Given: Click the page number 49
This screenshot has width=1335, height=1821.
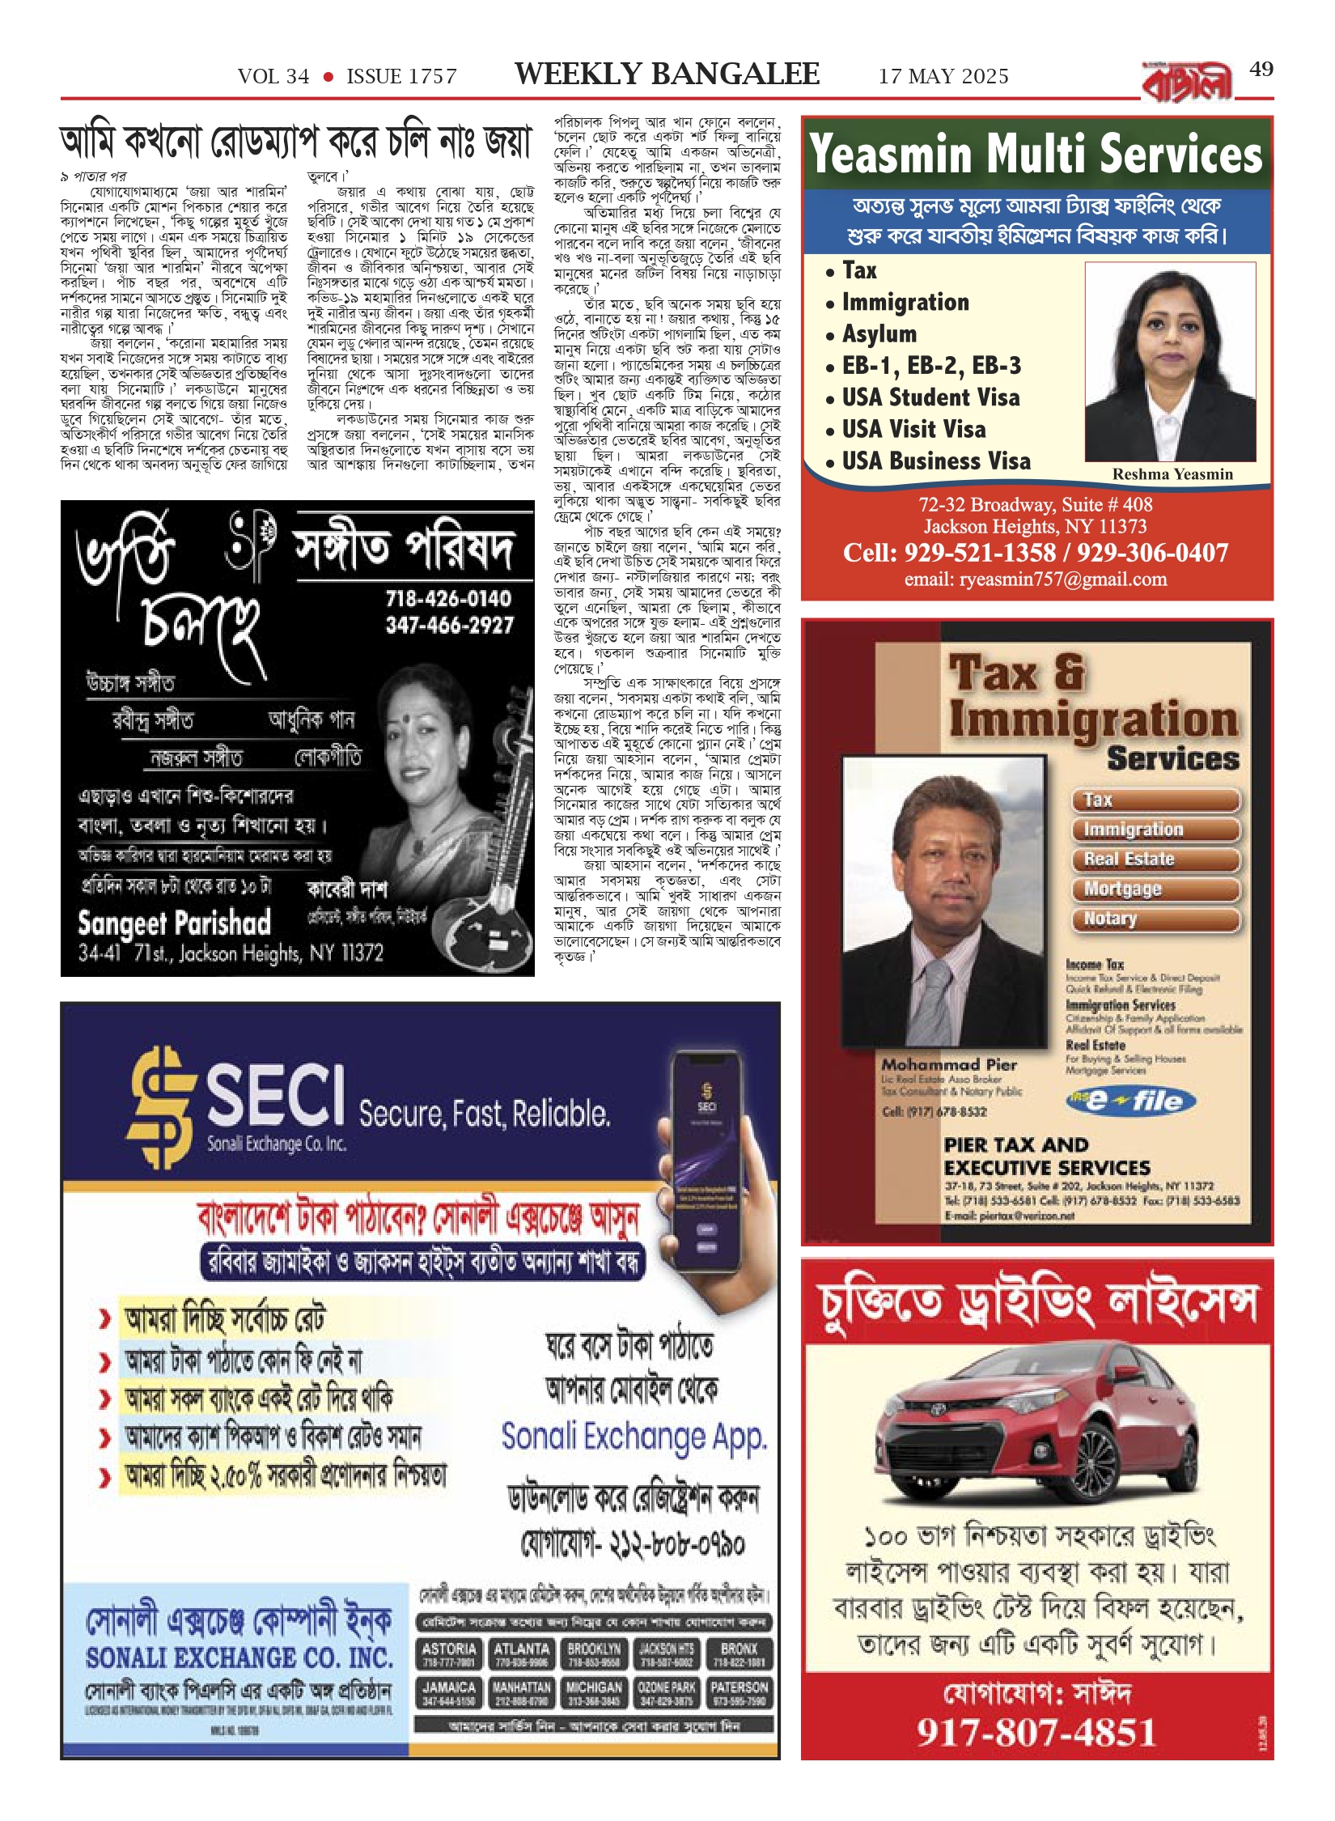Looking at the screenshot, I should (1261, 70).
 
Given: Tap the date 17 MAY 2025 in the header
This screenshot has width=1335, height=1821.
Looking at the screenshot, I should (943, 77).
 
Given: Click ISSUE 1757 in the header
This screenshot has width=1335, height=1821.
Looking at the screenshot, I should (401, 77).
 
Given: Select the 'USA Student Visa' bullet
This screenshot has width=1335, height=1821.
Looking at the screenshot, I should (930, 397).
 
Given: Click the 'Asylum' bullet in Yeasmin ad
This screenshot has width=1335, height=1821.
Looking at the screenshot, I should (879, 333).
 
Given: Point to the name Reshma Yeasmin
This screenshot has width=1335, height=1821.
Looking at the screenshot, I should (1172, 474).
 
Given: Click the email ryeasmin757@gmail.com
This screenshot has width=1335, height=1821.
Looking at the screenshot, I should (1036, 579).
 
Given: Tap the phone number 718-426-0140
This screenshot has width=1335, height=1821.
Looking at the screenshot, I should (448, 599).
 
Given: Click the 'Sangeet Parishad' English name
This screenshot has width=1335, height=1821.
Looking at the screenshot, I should (174, 923).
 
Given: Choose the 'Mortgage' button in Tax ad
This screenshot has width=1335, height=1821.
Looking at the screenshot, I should (1155, 889).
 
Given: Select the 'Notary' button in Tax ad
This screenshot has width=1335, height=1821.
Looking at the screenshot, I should (1155, 919).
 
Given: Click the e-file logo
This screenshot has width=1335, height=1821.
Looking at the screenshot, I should (1130, 1102).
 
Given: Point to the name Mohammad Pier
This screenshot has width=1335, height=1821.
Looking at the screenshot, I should (949, 1065).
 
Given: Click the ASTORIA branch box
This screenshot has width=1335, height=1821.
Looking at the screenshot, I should (449, 1654).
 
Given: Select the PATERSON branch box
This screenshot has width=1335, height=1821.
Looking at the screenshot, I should (739, 1693).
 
